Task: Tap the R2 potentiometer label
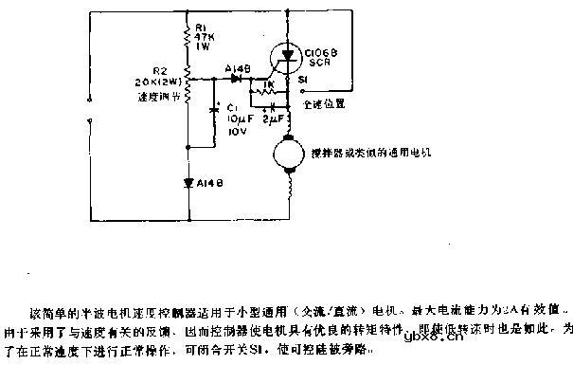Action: tap(160, 70)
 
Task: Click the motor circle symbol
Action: tap(286, 153)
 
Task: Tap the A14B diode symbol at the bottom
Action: tap(188, 180)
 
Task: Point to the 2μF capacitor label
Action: tap(273, 121)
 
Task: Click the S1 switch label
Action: tap(301, 82)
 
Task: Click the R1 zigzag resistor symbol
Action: tap(188, 37)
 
